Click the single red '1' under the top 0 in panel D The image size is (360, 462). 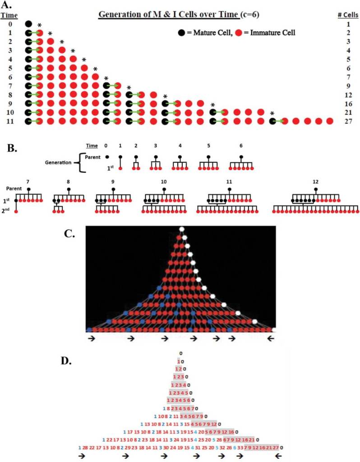coord(179,361)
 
